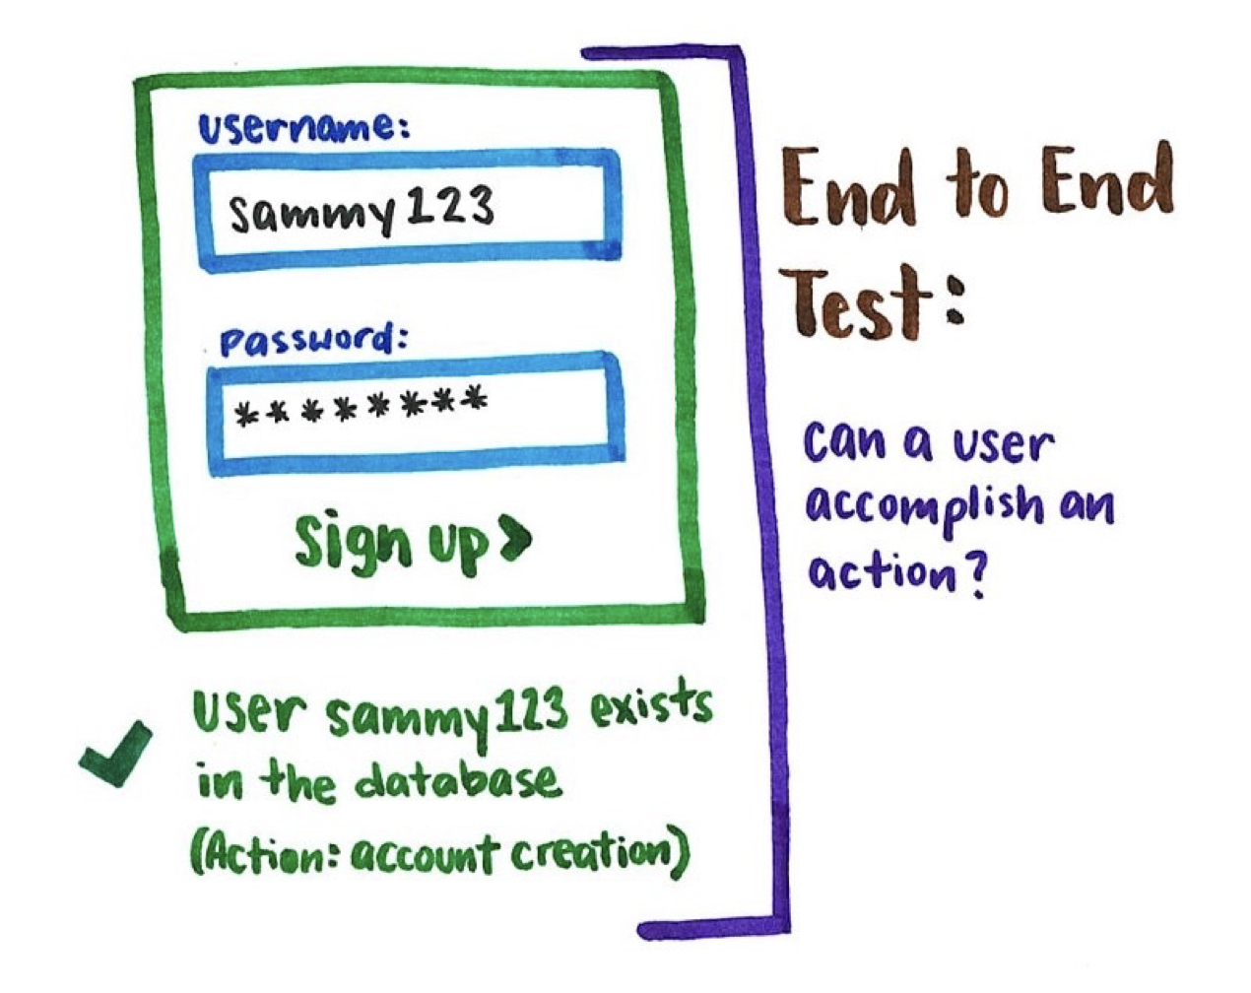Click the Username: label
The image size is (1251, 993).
pyautogui.click(x=302, y=128)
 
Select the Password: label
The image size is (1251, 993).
pyautogui.click(x=313, y=341)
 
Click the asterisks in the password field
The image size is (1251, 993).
pyautogui.click(x=362, y=407)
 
